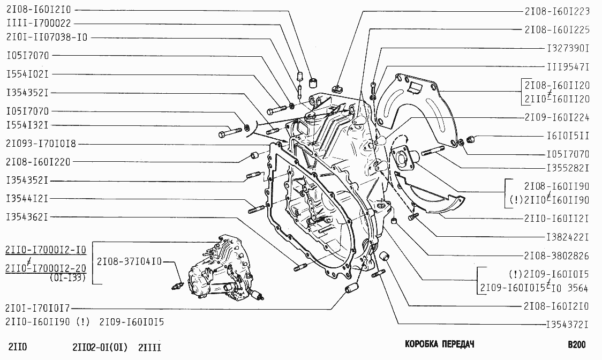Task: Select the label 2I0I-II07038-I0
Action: (x=47, y=37)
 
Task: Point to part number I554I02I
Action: (x=28, y=74)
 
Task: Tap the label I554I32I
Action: (x=28, y=125)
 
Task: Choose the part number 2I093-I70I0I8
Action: (x=41, y=144)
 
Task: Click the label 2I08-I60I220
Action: (x=38, y=161)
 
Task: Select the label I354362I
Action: (x=28, y=217)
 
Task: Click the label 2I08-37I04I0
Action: (x=129, y=261)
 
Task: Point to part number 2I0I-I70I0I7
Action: (x=38, y=308)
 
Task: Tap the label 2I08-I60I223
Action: (x=557, y=11)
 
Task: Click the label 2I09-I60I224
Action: (x=557, y=117)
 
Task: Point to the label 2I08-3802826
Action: (x=557, y=256)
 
